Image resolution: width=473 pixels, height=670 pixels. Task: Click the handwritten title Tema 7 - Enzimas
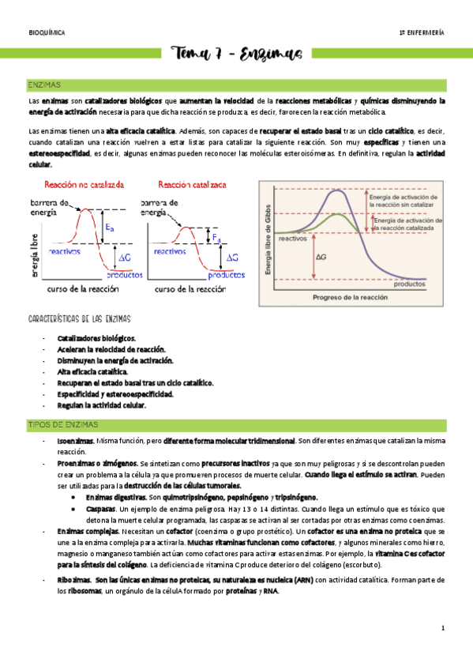point(236,54)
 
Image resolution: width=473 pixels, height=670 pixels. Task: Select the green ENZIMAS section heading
point(45,84)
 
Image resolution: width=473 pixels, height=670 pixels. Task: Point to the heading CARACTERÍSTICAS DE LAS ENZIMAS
point(79,319)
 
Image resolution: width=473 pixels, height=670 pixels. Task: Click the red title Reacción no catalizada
point(84,184)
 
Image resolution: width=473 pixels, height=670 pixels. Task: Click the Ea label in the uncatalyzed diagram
point(109,227)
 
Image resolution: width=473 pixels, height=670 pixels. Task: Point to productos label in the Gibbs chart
point(411,284)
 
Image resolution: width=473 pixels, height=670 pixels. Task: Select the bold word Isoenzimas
point(76,440)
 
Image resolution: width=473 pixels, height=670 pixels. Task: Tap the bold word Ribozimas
point(74,581)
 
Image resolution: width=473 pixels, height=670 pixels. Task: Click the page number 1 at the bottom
point(444,628)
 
